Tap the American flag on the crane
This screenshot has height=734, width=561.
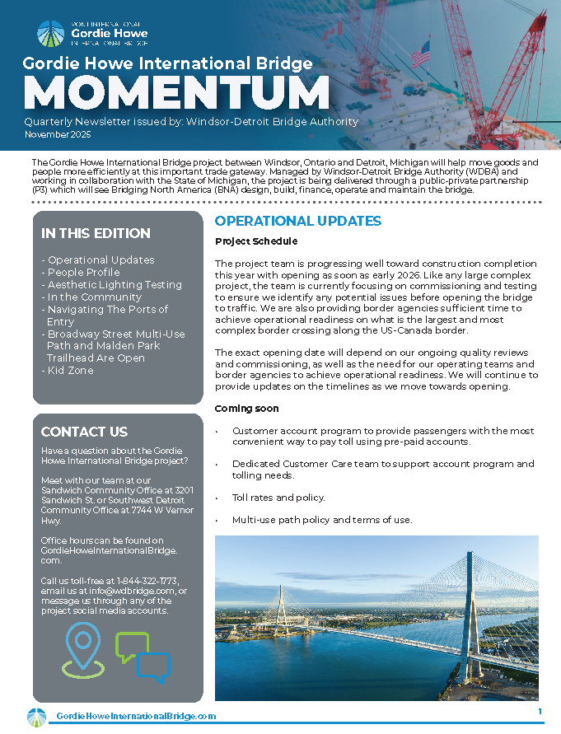pyautogui.click(x=420, y=55)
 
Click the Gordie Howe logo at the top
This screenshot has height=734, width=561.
pyautogui.click(x=92, y=34)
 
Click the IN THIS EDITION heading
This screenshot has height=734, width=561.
pyautogui.click(x=96, y=233)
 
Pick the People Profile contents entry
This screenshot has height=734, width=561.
pyautogui.click(x=83, y=272)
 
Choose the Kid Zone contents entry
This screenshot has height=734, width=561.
pyautogui.click(x=70, y=371)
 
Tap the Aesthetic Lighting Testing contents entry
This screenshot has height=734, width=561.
pyautogui.click(x=115, y=284)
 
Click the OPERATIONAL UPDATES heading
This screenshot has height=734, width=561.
pyautogui.click(x=297, y=221)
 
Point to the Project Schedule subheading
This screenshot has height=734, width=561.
pyautogui.click(x=256, y=241)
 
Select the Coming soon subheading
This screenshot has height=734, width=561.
pyautogui.click(x=246, y=409)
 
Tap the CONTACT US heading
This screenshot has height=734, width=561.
pyautogui.click(x=84, y=432)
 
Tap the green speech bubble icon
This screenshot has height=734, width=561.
pyautogui.click(x=131, y=645)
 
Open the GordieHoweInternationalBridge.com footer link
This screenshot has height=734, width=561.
pyautogui.click(x=136, y=717)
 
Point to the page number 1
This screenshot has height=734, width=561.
pyautogui.click(x=540, y=712)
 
